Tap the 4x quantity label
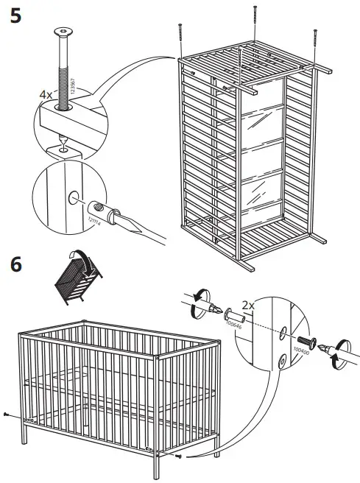[45, 94]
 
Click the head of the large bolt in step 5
[61, 32]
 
